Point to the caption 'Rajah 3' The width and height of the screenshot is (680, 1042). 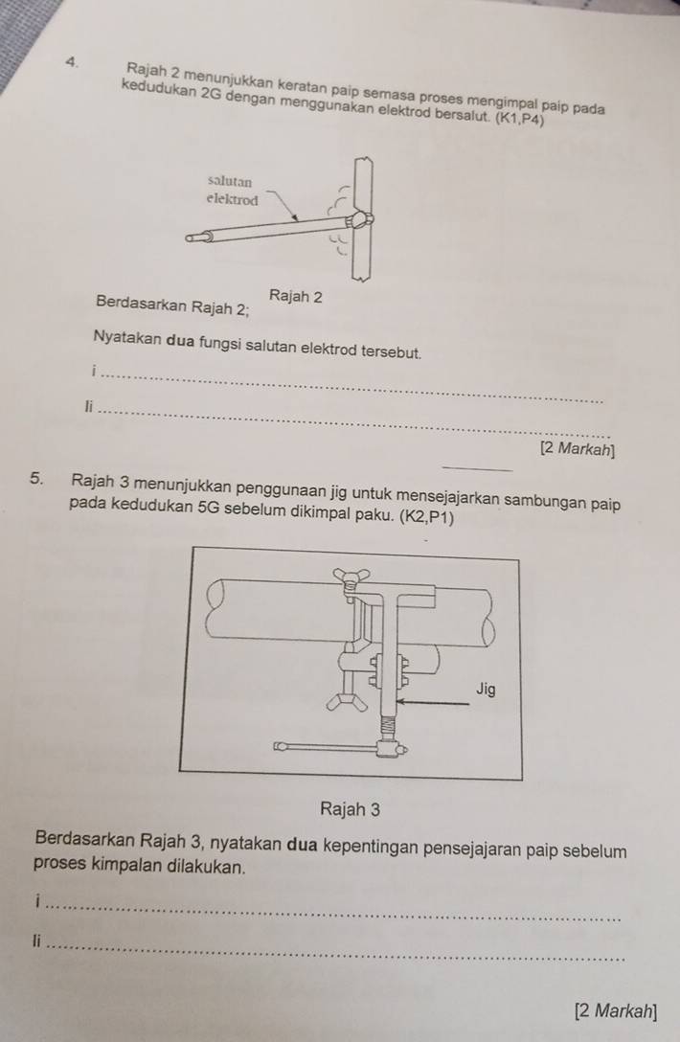[351, 809]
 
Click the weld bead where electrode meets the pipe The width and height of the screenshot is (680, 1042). [359, 220]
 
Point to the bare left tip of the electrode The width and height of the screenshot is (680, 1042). [196, 237]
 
